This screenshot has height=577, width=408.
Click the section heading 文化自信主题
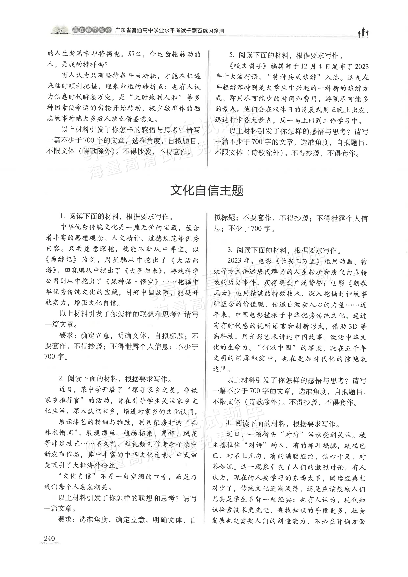point(206,191)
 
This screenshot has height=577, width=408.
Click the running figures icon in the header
point(363,33)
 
